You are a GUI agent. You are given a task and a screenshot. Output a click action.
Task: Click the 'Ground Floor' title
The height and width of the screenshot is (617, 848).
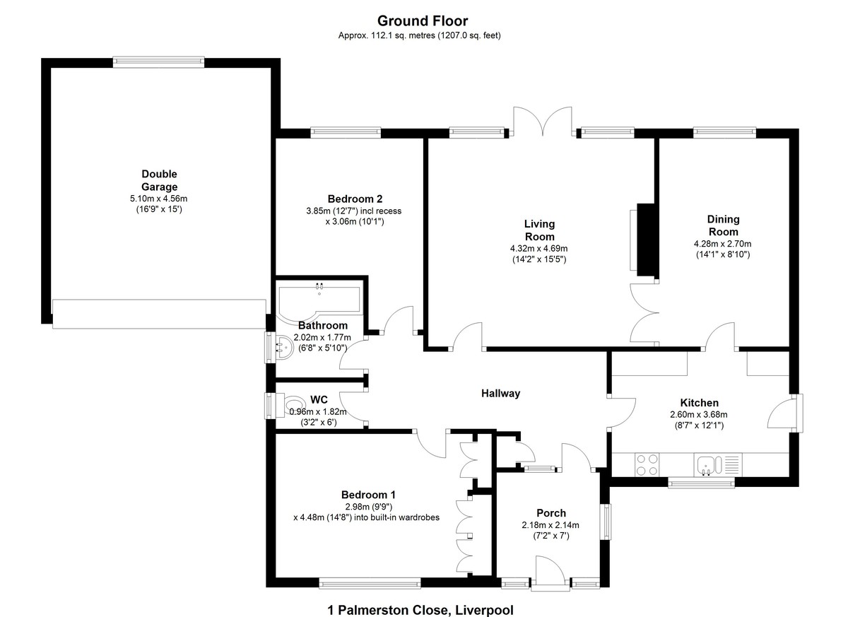pyautogui.click(x=423, y=20)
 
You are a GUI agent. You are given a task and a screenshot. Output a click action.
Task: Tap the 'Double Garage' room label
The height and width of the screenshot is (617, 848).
pyautogui.click(x=160, y=180)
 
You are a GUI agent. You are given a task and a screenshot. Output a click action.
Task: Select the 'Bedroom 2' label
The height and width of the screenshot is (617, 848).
pyautogui.click(x=355, y=199)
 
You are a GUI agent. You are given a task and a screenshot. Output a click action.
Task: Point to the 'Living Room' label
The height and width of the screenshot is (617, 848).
pyautogui.click(x=539, y=230)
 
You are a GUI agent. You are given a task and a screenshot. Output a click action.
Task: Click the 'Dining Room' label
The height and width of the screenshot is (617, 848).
pyautogui.click(x=723, y=225)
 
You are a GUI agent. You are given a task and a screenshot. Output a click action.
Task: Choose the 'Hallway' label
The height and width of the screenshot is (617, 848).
pyautogui.click(x=500, y=393)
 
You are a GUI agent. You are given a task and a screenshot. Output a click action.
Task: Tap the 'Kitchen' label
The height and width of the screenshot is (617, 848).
pyautogui.click(x=699, y=402)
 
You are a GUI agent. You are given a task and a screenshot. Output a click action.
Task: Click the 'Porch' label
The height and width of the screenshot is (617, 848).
pyautogui.click(x=551, y=513)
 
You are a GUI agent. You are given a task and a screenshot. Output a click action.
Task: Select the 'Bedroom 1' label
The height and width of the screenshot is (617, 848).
pyautogui.click(x=368, y=495)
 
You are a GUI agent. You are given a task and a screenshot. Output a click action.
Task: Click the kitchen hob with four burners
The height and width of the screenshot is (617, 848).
pyautogui.click(x=647, y=464)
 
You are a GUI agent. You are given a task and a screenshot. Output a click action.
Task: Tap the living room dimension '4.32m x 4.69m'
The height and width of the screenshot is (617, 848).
pyautogui.click(x=538, y=249)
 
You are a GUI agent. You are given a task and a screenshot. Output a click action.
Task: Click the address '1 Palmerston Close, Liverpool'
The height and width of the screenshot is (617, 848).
pyautogui.click(x=420, y=610)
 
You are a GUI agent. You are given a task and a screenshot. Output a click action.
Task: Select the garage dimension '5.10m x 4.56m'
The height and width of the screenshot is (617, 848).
pyautogui.click(x=158, y=199)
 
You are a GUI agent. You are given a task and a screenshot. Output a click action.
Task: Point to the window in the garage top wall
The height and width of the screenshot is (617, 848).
pyautogui.click(x=158, y=62)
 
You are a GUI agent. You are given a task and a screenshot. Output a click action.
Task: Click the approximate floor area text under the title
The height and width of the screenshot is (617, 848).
pyautogui.click(x=420, y=35)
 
